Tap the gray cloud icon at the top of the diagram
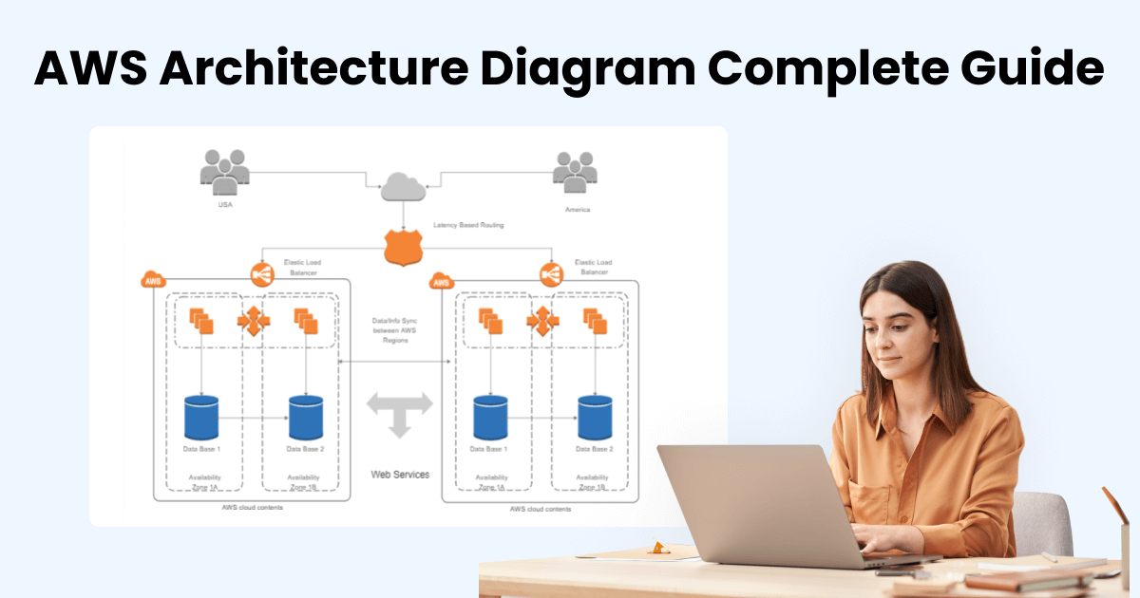(x=403, y=185)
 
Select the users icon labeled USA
(x=225, y=172)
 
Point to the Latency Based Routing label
(x=468, y=225)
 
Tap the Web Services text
(x=400, y=474)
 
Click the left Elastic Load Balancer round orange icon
(x=262, y=275)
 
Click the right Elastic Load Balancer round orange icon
(x=551, y=275)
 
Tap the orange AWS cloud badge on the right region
(x=442, y=281)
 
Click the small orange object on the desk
(x=656, y=548)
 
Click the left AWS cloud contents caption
(x=252, y=509)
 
